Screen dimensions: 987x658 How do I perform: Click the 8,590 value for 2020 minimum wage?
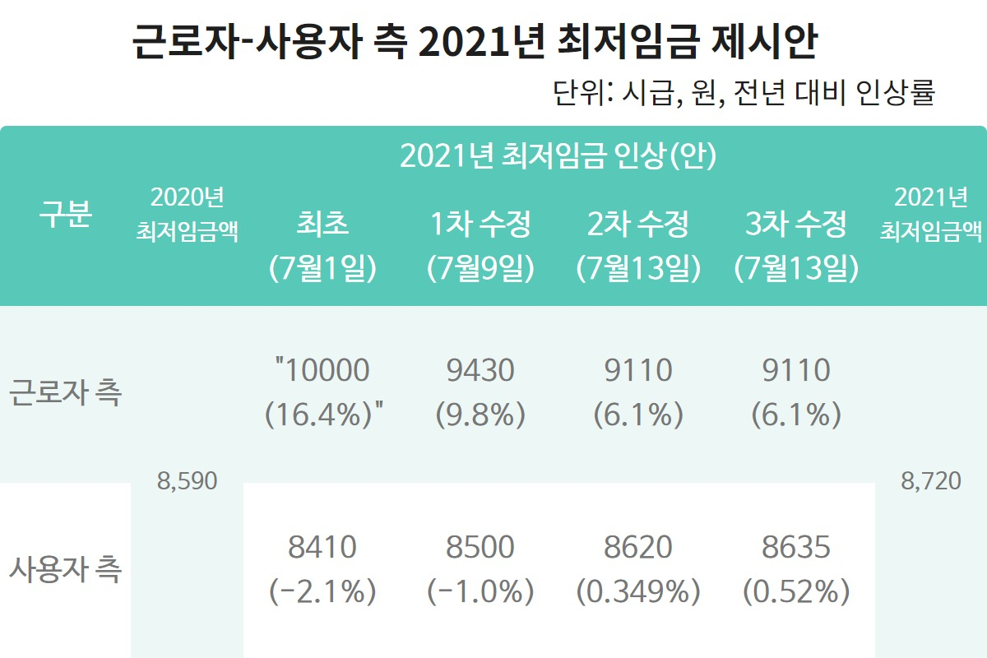(188, 481)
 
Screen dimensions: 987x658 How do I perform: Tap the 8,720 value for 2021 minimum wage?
(931, 481)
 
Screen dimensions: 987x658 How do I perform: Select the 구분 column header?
(66, 214)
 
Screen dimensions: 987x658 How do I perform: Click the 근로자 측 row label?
(65, 392)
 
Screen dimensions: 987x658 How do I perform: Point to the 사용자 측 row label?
(65, 569)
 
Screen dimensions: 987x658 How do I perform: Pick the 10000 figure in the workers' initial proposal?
(327, 370)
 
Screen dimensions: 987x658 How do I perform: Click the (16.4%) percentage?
(318, 415)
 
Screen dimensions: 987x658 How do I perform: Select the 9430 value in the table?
(480, 370)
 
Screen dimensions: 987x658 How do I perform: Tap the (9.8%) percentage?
(480, 415)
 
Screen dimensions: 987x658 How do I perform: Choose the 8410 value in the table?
(322, 547)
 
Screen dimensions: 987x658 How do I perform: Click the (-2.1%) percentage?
(322, 591)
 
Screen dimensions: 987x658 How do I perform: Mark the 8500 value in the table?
(480, 547)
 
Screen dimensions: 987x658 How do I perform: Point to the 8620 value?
(638, 547)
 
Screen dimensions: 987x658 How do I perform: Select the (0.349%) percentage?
(638, 591)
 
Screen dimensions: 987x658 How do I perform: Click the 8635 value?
(796, 547)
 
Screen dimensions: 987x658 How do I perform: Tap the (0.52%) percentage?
(796, 591)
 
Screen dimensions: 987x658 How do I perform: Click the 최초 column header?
(322, 224)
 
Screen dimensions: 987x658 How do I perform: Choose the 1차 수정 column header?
(480, 224)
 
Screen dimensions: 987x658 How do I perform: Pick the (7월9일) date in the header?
(480, 268)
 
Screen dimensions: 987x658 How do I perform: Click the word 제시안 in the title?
(765, 42)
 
